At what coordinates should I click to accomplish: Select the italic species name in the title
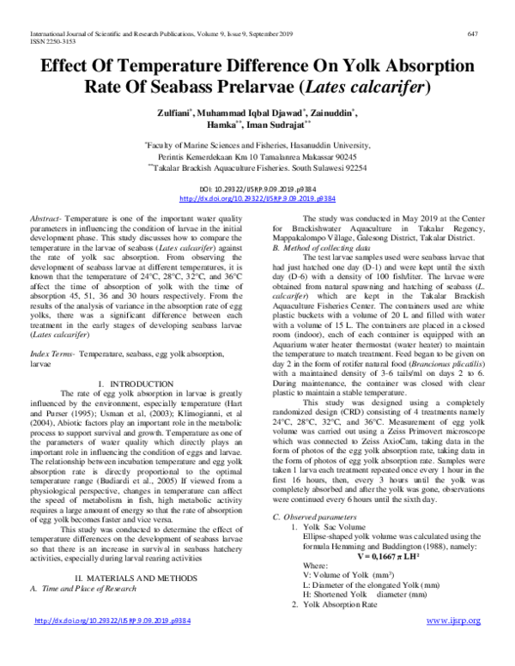point(380,87)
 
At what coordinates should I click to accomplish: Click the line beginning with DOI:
point(257,188)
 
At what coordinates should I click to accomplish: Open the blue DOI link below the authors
point(257,197)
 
